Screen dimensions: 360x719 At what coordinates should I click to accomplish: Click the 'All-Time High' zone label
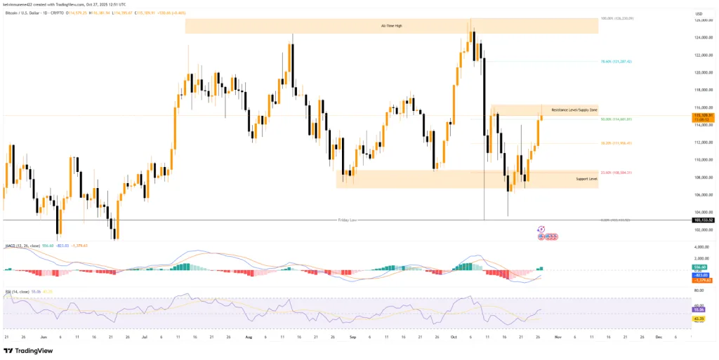click(393, 26)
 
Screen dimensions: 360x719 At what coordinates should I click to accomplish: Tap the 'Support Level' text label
click(586, 179)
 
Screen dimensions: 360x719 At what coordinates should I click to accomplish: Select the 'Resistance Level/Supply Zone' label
click(574, 110)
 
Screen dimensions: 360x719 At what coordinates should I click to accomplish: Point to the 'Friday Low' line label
click(348, 220)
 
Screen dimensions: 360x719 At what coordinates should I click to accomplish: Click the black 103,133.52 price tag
click(703, 220)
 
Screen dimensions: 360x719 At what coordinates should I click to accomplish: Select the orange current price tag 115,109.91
click(703, 114)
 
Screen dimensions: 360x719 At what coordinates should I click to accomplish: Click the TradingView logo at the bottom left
click(28, 350)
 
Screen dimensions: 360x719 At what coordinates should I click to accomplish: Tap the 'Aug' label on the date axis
click(249, 337)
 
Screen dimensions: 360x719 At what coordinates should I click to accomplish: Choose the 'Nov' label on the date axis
click(557, 337)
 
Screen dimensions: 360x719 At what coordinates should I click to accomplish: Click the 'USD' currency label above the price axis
click(699, 13)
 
